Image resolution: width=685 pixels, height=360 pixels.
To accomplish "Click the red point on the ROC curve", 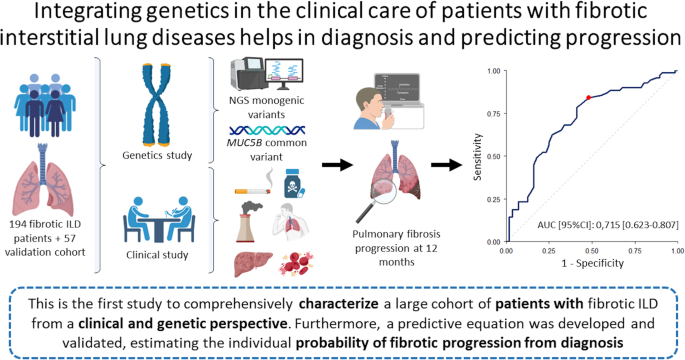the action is point(588,97).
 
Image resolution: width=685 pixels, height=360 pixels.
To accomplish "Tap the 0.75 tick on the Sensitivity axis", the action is point(494,114).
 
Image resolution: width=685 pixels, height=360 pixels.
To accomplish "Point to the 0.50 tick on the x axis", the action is point(592,251).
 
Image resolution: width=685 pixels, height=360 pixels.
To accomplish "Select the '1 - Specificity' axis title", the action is point(592,263).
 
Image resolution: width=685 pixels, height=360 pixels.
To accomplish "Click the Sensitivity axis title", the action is point(477,157).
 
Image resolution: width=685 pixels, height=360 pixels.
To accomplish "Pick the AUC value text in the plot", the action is point(608,225).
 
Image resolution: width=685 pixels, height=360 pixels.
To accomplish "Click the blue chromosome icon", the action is point(156,104).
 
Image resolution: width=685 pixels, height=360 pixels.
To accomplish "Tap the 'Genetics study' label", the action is point(157,155).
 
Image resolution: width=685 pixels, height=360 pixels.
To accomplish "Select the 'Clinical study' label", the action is point(157,255).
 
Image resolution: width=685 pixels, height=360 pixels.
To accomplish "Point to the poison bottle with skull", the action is point(294,184).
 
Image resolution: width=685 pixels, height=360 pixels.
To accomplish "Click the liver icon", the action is point(253,264).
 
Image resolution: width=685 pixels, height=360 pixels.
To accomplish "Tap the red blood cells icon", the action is point(296,263).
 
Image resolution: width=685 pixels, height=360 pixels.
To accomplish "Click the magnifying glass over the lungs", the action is point(376,201).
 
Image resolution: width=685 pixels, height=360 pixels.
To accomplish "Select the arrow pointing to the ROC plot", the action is point(446,165).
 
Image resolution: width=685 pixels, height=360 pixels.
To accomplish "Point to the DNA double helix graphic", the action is point(267,130).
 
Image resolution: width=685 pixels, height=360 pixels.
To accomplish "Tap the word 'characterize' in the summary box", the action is point(339,304).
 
